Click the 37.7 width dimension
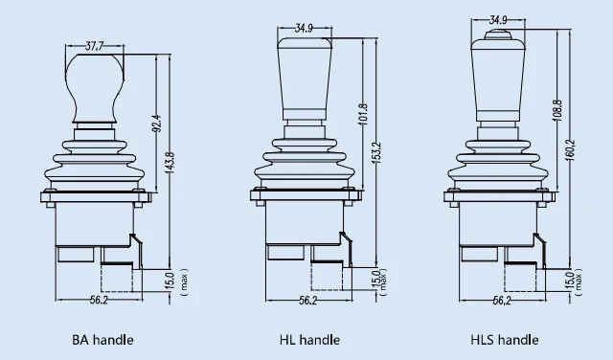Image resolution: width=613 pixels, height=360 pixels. [x=94, y=47]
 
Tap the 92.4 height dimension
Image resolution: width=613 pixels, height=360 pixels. [x=157, y=123]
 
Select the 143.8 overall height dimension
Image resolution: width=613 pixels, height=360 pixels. [x=170, y=163]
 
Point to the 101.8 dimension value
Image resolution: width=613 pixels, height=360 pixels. [x=363, y=115]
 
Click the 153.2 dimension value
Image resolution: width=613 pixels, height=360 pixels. [x=377, y=152]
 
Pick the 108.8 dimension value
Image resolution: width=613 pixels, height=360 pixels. [x=557, y=110]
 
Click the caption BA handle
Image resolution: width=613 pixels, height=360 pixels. [x=102, y=340]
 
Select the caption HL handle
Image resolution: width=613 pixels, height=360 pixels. [x=309, y=340]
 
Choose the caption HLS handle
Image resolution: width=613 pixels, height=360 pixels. [x=505, y=340]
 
